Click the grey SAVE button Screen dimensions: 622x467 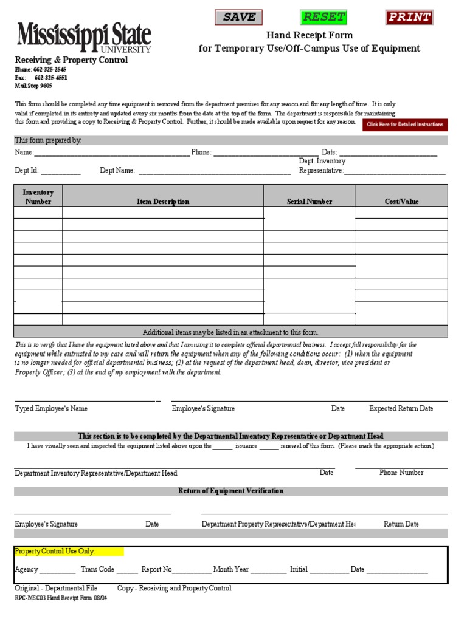(238, 17)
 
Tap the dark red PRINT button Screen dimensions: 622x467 (409, 17)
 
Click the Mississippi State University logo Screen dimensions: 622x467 (84, 38)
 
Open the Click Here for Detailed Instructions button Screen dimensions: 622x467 (405, 125)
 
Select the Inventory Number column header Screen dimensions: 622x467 (38, 197)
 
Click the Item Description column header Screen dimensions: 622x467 (163, 202)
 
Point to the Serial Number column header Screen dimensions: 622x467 (310, 202)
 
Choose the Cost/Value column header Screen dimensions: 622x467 (401, 202)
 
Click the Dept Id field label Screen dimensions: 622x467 (27, 171)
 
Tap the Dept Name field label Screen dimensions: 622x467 (117, 171)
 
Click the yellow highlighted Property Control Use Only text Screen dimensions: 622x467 (55, 551)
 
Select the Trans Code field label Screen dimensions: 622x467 (97, 569)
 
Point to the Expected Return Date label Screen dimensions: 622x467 (401, 409)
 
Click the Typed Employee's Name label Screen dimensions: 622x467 (51, 409)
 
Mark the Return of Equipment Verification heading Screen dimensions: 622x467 (230, 491)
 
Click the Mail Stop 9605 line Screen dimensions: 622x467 (33, 86)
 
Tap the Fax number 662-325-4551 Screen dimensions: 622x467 (50, 78)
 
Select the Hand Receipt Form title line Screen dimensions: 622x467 (309, 35)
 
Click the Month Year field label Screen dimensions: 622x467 (231, 569)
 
